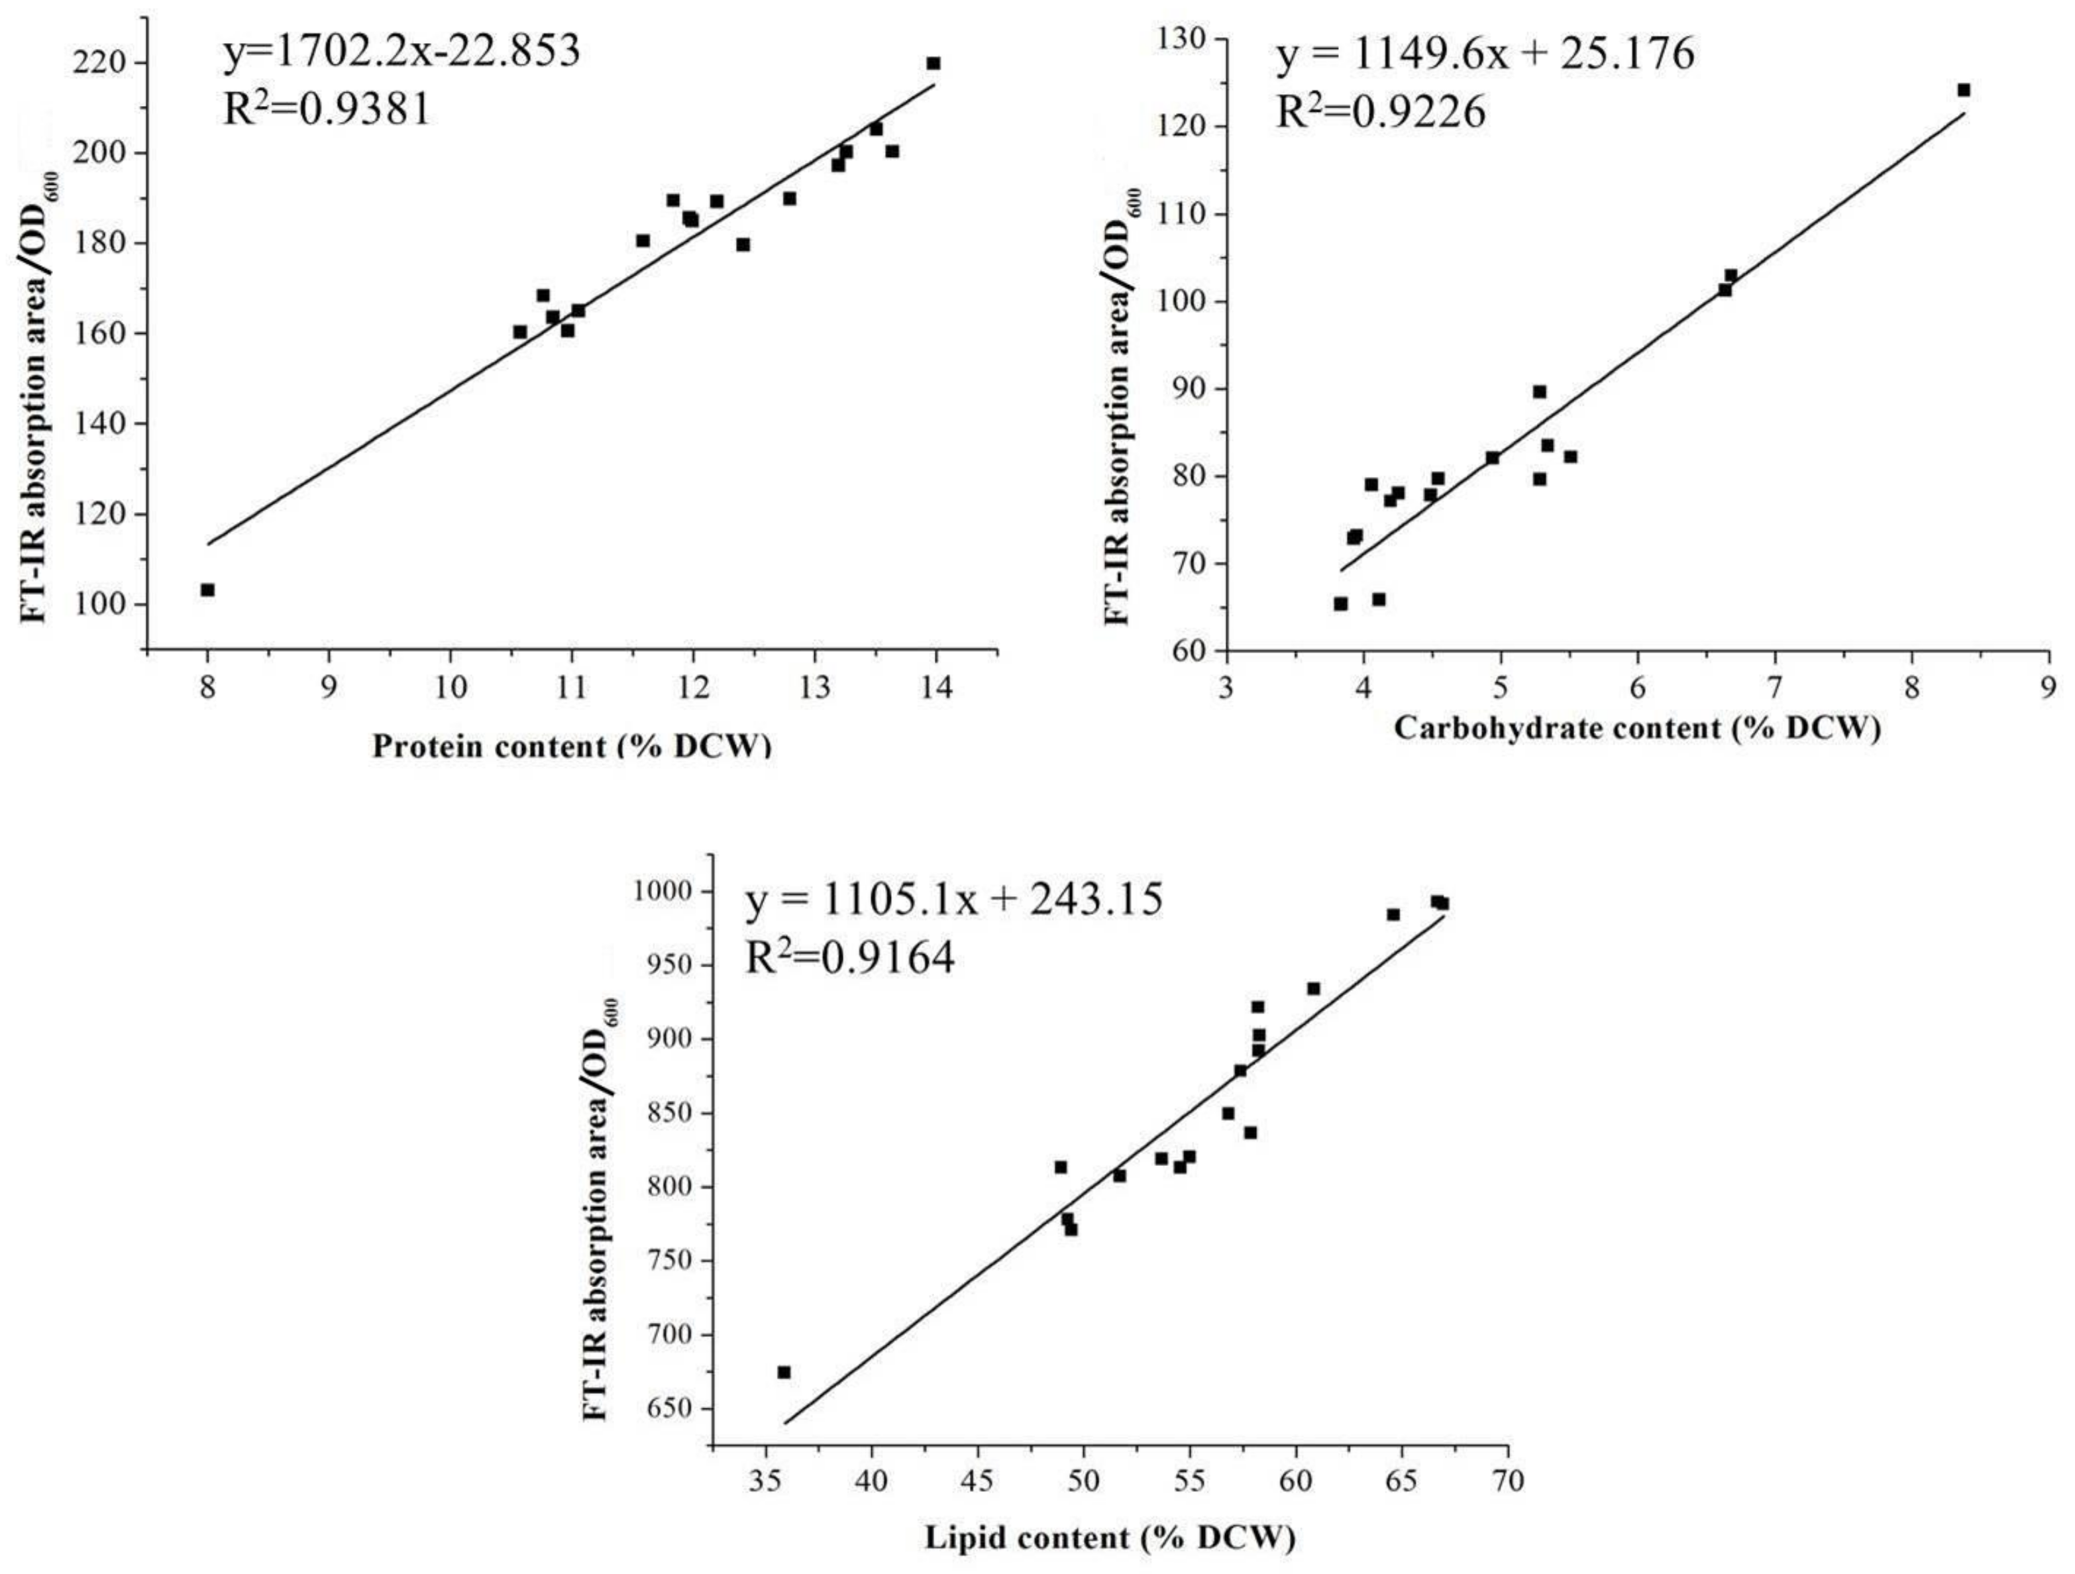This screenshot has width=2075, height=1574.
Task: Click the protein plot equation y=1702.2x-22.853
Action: pyautogui.click(x=401, y=52)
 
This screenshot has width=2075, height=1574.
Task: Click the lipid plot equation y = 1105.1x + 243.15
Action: pyautogui.click(x=954, y=900)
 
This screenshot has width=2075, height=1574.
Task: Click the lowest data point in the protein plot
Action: pyautogui.click(x=207, y=590)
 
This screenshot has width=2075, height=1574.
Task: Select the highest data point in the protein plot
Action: pyautogui.click(x=933, y=64)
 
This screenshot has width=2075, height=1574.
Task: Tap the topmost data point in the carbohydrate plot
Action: pyautogui.click(x=1964, y=90)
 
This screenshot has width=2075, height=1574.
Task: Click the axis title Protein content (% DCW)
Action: pyautogui.click(x=571, y=747)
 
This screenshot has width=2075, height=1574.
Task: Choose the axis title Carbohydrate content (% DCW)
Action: pyautogui.click(x=1637, y=728)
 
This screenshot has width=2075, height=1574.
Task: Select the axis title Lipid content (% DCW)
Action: pyautogui.click(x=1110, y=1538)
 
